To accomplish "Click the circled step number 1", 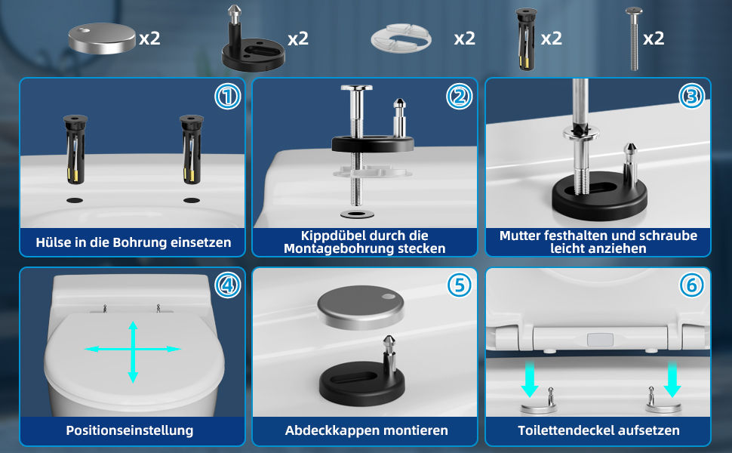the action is click(x=227, y=97).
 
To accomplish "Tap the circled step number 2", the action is click(x=460, y=97).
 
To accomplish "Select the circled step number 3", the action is click(x=691, y=96).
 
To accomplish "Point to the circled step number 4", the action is click(x=227, y=285).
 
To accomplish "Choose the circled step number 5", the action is click(x=460, y=285).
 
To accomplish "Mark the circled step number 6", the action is click(x=691, y=285).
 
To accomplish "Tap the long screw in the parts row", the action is click(x=634, y=39).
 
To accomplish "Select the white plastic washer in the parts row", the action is click(x=401, y=39).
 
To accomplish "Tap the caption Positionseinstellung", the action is click(x=130, y=430).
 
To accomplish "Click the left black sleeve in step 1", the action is click(x=75, y=149).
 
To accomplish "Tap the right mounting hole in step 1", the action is click(x=192, y=200).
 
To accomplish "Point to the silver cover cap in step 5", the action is click(x=361, y=307).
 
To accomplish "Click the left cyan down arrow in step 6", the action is click(x=530, y=378).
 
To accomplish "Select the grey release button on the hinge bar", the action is click(x=600, y=340).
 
